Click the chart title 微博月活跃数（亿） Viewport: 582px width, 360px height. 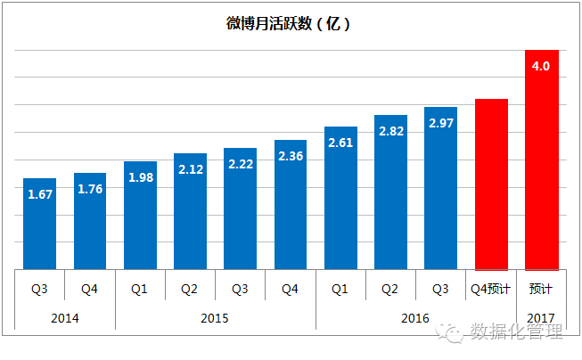click(288, 24)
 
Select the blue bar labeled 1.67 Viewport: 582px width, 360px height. click(39, 224)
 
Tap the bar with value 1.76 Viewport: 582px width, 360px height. click(89, 221)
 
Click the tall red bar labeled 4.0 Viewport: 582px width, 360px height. click(541, 160)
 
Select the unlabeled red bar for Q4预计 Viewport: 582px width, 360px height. click(491, 184)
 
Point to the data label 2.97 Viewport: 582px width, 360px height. click(440, 122)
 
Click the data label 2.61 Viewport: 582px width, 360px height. click(340, 142)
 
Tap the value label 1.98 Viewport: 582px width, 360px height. click(140, 176)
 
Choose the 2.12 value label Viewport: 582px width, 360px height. click(190, 168)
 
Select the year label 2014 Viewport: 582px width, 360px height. click(64, 318)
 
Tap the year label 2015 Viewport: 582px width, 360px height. click(215, 318)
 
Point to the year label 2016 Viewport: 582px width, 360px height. click(415, 318)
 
